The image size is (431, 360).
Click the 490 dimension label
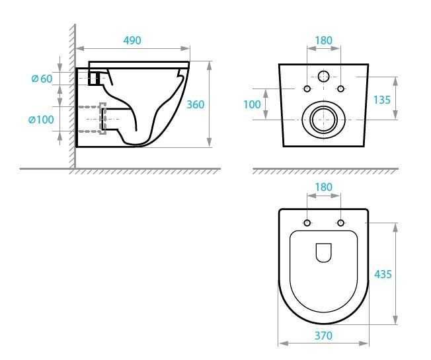click(132, 40)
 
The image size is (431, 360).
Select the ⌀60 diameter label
click(42, 79)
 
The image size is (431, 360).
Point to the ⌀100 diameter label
click(41, 120)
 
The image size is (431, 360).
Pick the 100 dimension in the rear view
click(253, 104)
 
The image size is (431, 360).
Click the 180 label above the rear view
click(323, 40)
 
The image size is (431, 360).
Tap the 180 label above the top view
click(323, 187)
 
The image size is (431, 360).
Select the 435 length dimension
click(382, 273)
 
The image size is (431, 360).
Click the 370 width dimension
click(323, 336)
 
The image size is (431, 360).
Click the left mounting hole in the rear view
click(307, 89)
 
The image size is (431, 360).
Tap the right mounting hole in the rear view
click(341, 89)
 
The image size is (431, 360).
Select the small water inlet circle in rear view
click(324, 77)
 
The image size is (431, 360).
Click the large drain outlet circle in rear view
click(323, 119)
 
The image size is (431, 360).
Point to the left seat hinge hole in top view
click(307, 222)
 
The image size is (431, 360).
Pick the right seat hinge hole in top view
click(341, 222)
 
